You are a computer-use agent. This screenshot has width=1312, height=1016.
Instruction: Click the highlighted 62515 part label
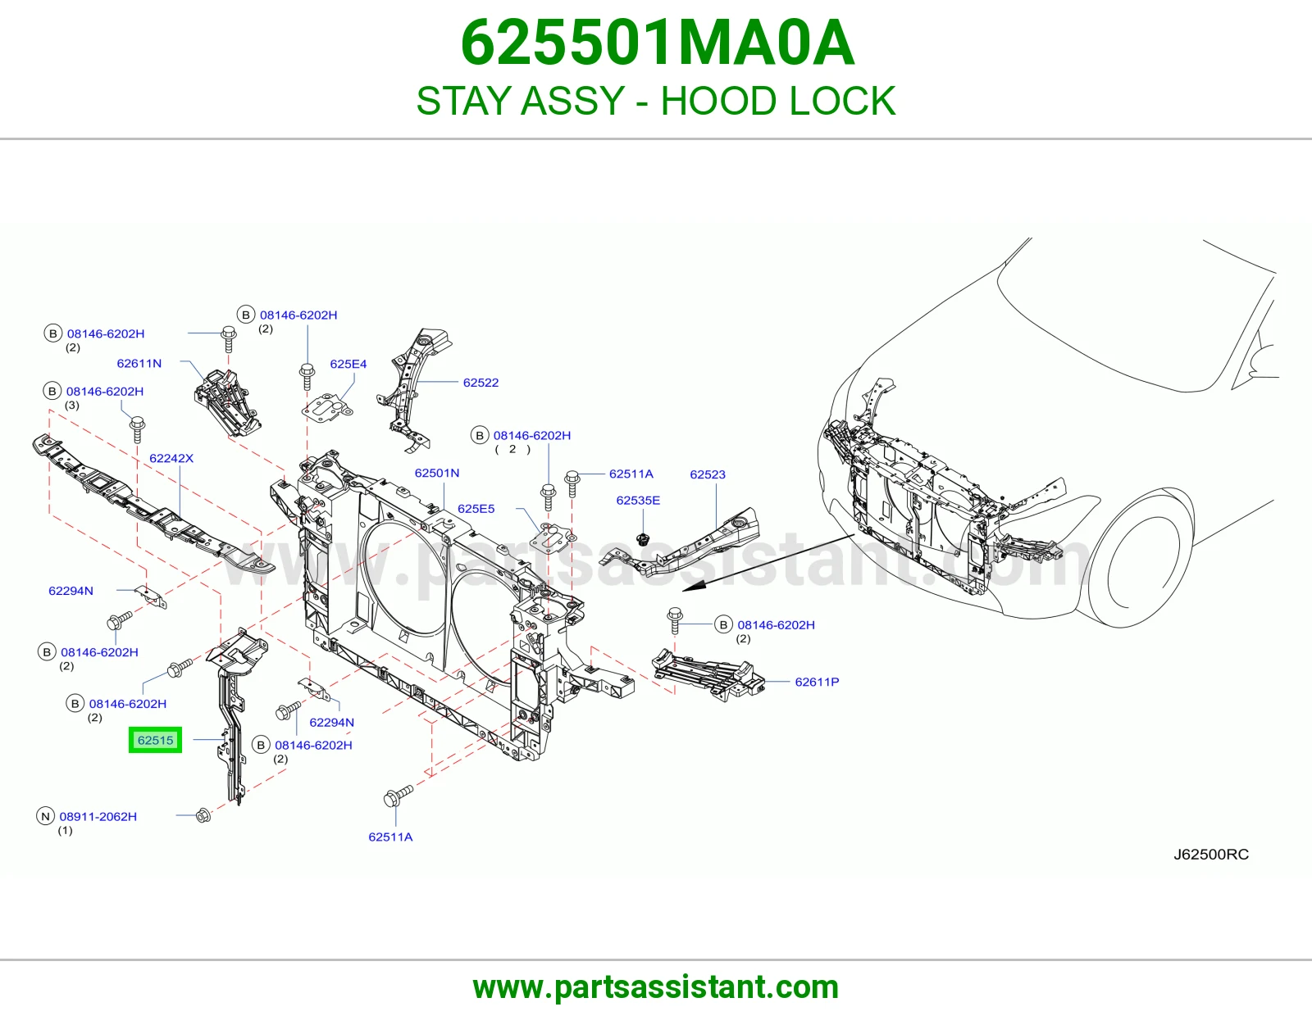coord(155,740)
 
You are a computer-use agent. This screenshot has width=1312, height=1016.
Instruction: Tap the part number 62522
coord(481,383)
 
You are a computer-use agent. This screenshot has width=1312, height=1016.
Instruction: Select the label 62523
coord(708,474)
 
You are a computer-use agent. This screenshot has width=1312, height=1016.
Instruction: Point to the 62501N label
coord(436,473)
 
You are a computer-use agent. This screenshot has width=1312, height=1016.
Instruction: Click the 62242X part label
coord(171,458)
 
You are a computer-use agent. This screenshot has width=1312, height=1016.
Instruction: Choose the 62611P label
coord(817,682)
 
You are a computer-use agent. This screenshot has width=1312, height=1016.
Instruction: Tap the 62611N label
coord(139,363)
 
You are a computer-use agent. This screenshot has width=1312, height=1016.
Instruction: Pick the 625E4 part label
coord(348,364)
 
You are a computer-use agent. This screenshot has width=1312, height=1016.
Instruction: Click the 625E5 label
coord(476,509)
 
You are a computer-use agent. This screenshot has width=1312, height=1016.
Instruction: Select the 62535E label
coord(638,500)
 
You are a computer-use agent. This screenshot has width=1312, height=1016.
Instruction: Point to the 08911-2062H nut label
coord(98,816)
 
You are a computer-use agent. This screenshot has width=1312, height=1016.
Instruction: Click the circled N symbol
coord(45,816)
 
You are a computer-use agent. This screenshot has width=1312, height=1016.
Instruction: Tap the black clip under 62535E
coord(642,537)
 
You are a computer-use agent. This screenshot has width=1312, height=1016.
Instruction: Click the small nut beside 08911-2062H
coord(203,815)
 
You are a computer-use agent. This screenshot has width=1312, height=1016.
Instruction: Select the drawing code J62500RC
coord(1211,855)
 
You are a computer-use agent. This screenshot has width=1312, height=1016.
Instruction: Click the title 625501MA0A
coord(657,43)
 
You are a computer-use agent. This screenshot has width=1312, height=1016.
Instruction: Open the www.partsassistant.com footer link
coord(656,987)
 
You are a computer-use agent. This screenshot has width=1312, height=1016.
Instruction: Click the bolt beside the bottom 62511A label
coord(399,796)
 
